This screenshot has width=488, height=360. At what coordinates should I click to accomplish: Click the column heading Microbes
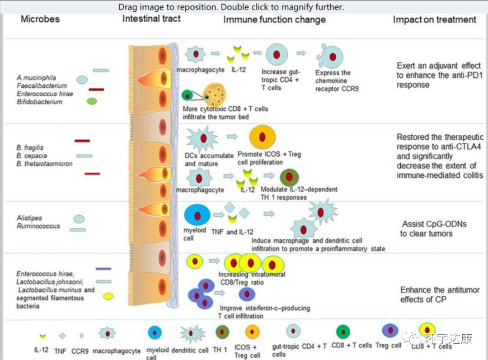(40, 19)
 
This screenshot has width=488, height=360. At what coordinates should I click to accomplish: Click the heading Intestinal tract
(151, 19)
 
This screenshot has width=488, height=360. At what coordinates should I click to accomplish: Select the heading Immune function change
(274, 19)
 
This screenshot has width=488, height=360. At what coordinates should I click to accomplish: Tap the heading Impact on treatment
(434, 19)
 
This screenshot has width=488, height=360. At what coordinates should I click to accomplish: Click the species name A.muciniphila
(36, 78)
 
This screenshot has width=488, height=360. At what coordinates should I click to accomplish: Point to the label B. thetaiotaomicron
(44, 164)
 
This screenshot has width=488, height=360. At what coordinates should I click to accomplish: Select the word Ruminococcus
(38, 226)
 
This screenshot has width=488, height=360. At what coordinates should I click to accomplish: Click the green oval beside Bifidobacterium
(92, 102)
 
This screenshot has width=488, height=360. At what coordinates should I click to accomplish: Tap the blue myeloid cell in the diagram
(197, 214)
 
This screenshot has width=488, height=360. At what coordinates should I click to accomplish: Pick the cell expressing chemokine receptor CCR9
(332, 57)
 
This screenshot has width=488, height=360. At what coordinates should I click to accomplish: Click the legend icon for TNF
(62, 336)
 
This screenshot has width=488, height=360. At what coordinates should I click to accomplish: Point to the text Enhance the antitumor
(440, 290)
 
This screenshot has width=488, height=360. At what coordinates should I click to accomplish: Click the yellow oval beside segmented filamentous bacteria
(108, 297)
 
